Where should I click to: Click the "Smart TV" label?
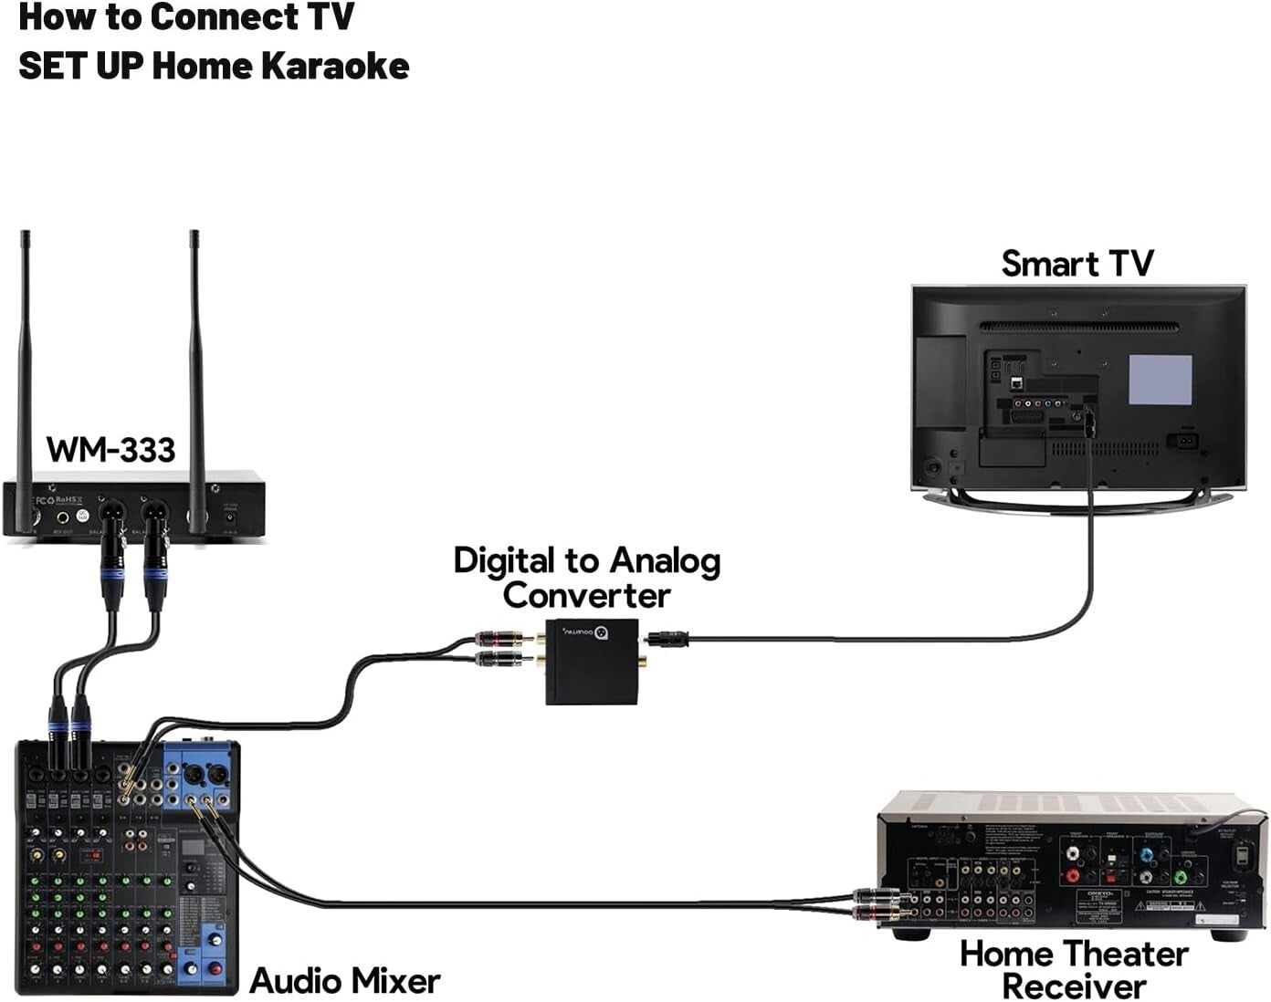pyautogui.click(x=1077, y=263)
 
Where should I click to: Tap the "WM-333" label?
pyautogui.click(x=110, y=449)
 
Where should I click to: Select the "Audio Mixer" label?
pyautogui.click(x=344, y=981)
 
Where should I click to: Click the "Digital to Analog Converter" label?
pyautogui.click(x=587, y=578)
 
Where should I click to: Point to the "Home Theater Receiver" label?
pyautogui.click(x=1074, y=969)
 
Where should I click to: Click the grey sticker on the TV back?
pyautogui.click(x=1160, y=380)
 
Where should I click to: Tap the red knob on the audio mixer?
pyautogui.click(x=215, y=968)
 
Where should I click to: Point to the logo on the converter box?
pyautogui.click(x=601, y=632)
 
